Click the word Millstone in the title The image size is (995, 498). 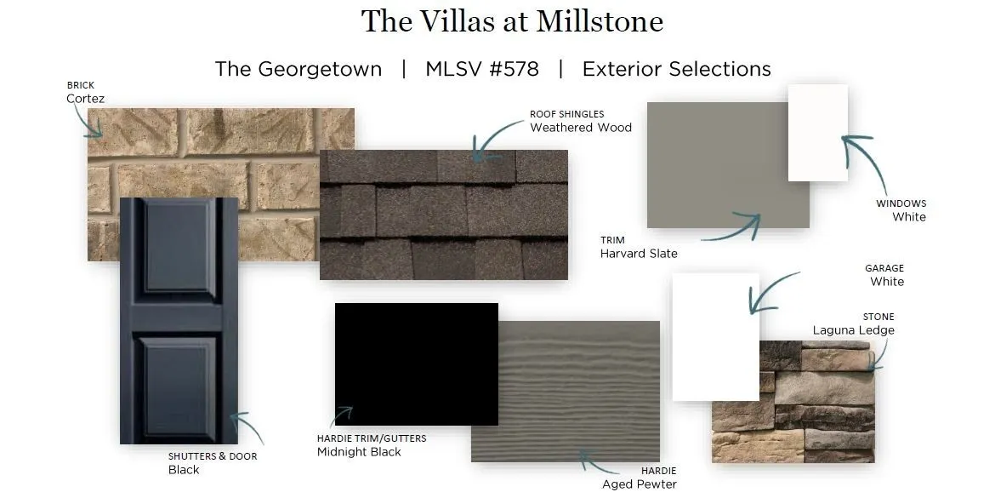[600, 21]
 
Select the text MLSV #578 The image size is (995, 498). [482, 69]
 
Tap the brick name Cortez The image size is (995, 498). [86, 99]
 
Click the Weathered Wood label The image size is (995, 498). [581, 127]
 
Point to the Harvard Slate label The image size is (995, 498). [639, 254]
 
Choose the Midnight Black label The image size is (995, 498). [359, 452]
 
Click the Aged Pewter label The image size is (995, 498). [640, 484]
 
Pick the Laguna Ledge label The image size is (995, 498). [854, 330]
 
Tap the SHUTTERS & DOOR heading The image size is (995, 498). [213, 456]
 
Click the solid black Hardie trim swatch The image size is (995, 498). [416, 364]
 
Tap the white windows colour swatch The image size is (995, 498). [818, 133]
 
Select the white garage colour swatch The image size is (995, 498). [716, 336]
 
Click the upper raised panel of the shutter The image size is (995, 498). [179, 246]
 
